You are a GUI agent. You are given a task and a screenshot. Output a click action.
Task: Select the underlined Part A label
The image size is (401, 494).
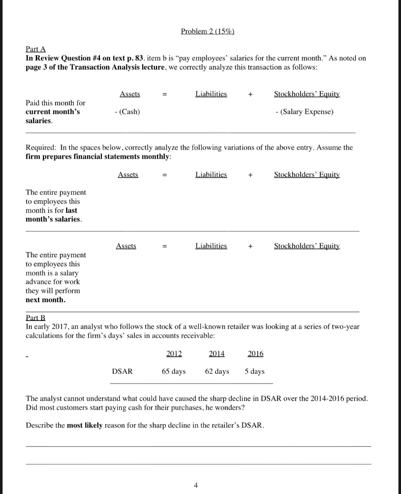point(33,49)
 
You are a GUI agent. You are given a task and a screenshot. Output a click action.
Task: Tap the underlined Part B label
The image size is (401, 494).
point(33,317)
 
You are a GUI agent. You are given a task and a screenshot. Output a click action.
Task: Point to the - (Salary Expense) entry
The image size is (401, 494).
point(303,112)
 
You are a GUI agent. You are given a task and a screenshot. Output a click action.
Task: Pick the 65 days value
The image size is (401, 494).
point(174,371)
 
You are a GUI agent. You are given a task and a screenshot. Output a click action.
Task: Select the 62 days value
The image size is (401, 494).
point(217,371)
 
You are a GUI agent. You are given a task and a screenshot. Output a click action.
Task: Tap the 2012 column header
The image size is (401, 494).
point(174,354)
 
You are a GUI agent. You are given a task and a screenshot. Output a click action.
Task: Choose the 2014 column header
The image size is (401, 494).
point(217,354)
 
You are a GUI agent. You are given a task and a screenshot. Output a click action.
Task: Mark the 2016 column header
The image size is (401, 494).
point(255,354)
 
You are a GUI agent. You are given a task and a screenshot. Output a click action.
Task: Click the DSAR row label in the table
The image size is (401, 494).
point(122,371)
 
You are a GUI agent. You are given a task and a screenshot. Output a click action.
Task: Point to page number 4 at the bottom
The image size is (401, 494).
point(195,485)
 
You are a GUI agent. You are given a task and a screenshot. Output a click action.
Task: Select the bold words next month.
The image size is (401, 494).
point(46,300)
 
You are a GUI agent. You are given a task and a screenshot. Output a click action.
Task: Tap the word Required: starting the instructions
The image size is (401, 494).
point(41,148)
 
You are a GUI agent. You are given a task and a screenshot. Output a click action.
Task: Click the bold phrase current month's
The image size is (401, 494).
point(53,112)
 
